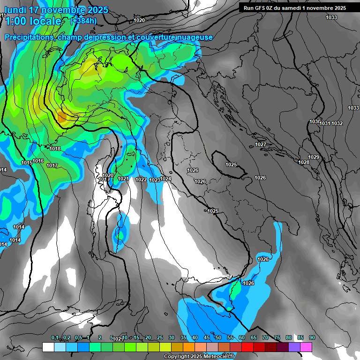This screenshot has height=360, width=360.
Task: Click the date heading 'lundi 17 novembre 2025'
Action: pyautogui.click(x=56, y=10)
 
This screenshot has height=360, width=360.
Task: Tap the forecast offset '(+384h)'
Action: pyautogui.click(x=83, y=21)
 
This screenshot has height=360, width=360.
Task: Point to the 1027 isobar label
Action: pyautogui.click(x=261, y=144)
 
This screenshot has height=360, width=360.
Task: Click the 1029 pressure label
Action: pyautogui.click(x=314, y=157)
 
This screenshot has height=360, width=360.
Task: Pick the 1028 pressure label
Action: pyautogui.click(x=304, y=162)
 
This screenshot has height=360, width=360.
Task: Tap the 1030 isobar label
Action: pyautogui.click(x=315, y=122)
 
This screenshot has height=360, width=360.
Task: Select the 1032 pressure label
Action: pyautogui.click(x=337, y=123)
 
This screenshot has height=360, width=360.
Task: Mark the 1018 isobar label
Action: pyautogui.click(x=55, y=149)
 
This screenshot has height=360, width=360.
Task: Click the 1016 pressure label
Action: pyautogui.click(x=38, y=161)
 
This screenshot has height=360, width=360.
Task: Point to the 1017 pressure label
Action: pyautogui.click(x=52, y=166)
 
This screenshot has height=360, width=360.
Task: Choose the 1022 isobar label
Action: pyautogui.click(x=141, y=180)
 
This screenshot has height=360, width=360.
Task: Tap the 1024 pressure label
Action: pyautogui.click(x=166, y=179)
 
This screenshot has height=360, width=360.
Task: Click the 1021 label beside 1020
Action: pyautogui.click(x=123, y=179)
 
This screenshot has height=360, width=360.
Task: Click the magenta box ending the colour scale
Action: pyautogui.click(x=306, y=347)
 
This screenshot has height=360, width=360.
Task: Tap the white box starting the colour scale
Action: pyautogui.click(x=48, y=347)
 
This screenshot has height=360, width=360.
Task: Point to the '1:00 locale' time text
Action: pyautogui.click(x=33, y=21)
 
